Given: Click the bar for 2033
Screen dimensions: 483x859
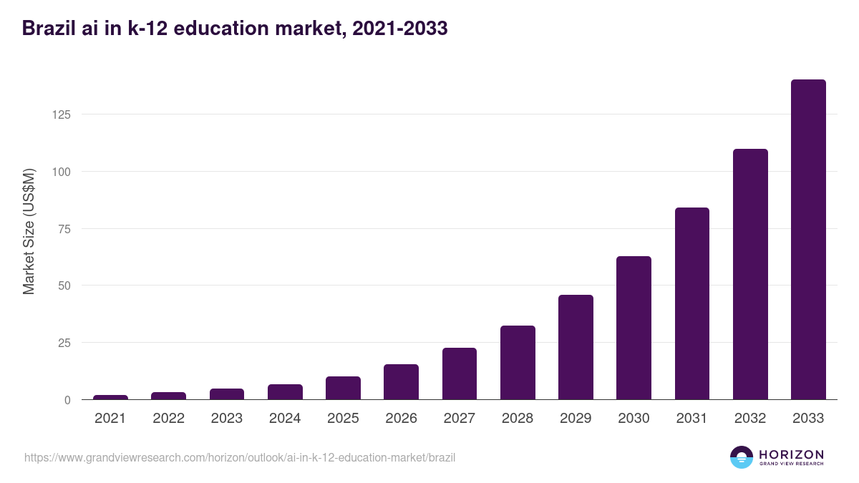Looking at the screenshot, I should (x=808, y=240).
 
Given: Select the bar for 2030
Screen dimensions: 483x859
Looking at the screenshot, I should (x=634, y=328).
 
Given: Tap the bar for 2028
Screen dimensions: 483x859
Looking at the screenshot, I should (x=518, y=363).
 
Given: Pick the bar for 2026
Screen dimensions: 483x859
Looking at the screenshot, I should (x=401, y=382).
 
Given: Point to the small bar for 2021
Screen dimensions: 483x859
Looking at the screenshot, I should (x=110, y=397).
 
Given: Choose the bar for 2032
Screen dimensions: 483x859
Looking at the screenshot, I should (x=750, y=274).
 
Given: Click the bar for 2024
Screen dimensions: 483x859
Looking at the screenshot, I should (x=285, y=392).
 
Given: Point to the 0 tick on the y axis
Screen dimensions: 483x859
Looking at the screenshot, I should (x=67, y=400).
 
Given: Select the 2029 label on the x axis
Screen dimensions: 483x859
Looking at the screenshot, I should (x=576, y=419).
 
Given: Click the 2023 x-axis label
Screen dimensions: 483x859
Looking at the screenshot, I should (x=227, y=419).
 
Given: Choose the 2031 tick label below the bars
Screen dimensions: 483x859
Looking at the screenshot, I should (x=692, y=419).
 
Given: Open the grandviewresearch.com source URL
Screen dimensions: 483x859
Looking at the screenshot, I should (x=240, y=457).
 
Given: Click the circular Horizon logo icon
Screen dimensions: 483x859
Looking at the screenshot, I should (x=742, y=457).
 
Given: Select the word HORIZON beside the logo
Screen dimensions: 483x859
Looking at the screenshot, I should (x=791, y=454).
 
